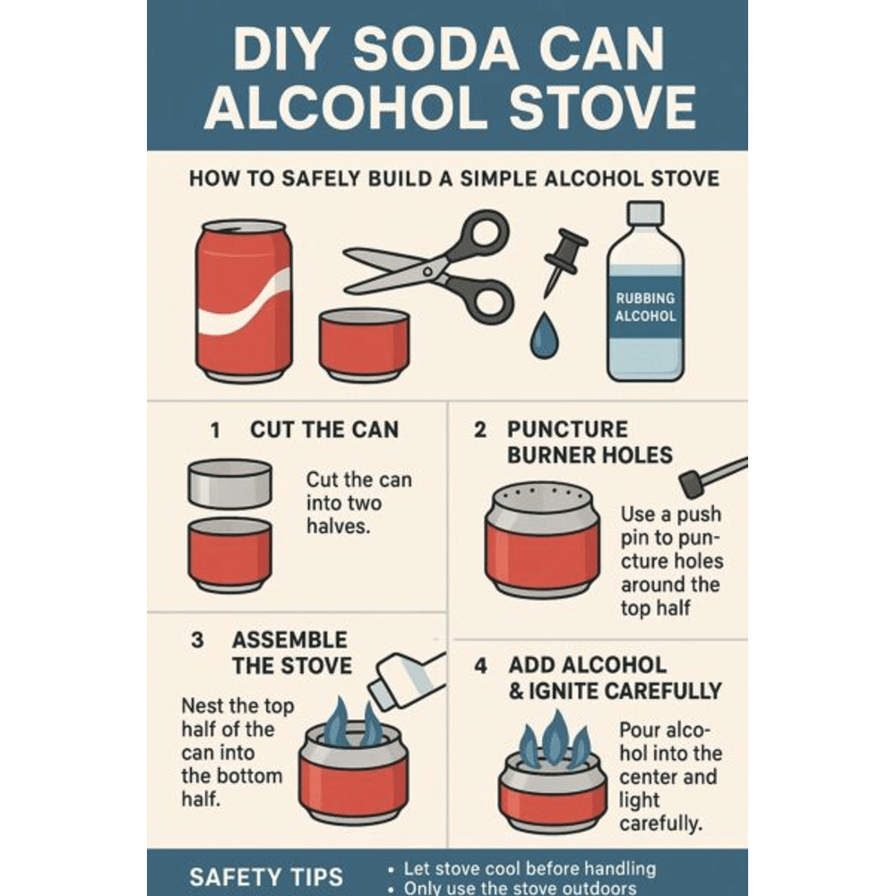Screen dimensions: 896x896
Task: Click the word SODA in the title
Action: (446, 51)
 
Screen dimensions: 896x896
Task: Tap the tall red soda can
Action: (244, 300)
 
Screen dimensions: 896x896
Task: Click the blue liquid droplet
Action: (543, 337)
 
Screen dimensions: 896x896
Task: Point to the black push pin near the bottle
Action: (563, 258)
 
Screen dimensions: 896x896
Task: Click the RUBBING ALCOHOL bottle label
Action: (645, 307)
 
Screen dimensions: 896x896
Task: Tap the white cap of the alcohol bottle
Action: (645, 212)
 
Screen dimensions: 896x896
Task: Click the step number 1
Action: (215, 430)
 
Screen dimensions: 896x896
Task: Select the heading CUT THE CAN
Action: (324, 429)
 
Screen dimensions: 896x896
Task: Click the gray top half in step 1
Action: (229, 483)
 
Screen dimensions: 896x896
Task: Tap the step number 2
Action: (481, 430)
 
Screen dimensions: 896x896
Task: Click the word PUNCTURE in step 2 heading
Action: (568, 429)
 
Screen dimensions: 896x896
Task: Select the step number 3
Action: (198, 641)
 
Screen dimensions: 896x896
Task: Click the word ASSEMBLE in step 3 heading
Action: (289, 641)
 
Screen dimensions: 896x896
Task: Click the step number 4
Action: (482, 667)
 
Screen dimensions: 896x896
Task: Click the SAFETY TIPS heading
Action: (265, 875)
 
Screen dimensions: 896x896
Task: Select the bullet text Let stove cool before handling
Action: (530, 868)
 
